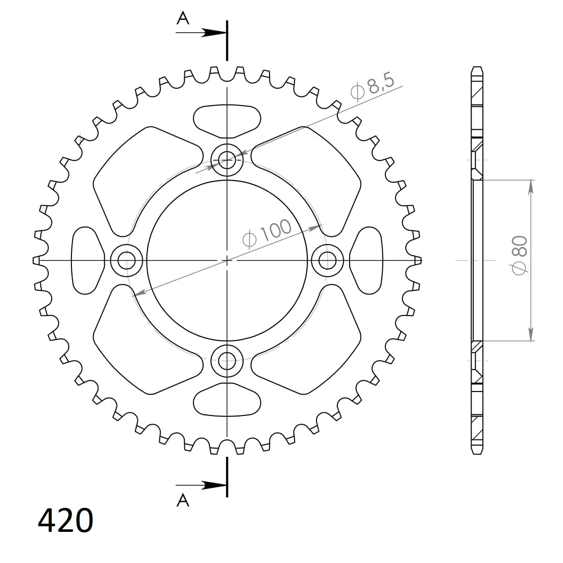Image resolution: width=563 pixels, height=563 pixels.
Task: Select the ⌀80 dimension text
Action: tap(520, 255)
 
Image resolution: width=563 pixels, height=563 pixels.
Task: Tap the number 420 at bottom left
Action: tap(65, 520)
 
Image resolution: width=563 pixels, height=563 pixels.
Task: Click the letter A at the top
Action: tap(183, 18)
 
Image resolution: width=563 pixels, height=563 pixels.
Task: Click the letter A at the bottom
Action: tap(183, 501)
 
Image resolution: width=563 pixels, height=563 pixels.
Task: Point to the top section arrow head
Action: tap(213, 33)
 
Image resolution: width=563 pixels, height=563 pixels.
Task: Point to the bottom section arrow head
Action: tap(213, 485)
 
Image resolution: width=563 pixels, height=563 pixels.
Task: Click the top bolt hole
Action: tap(227, 160)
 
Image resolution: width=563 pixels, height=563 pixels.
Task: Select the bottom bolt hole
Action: tap(227, 361)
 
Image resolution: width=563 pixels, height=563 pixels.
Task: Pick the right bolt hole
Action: tap(328, 261)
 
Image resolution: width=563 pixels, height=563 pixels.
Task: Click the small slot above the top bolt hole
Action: tap(227, 120)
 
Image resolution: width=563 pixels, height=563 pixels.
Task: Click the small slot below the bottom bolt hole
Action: tap(227, 401)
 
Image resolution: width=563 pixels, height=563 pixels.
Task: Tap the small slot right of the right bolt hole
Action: tap(367, 261)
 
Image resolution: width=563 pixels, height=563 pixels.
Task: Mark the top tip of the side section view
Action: tap(477, 68)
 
